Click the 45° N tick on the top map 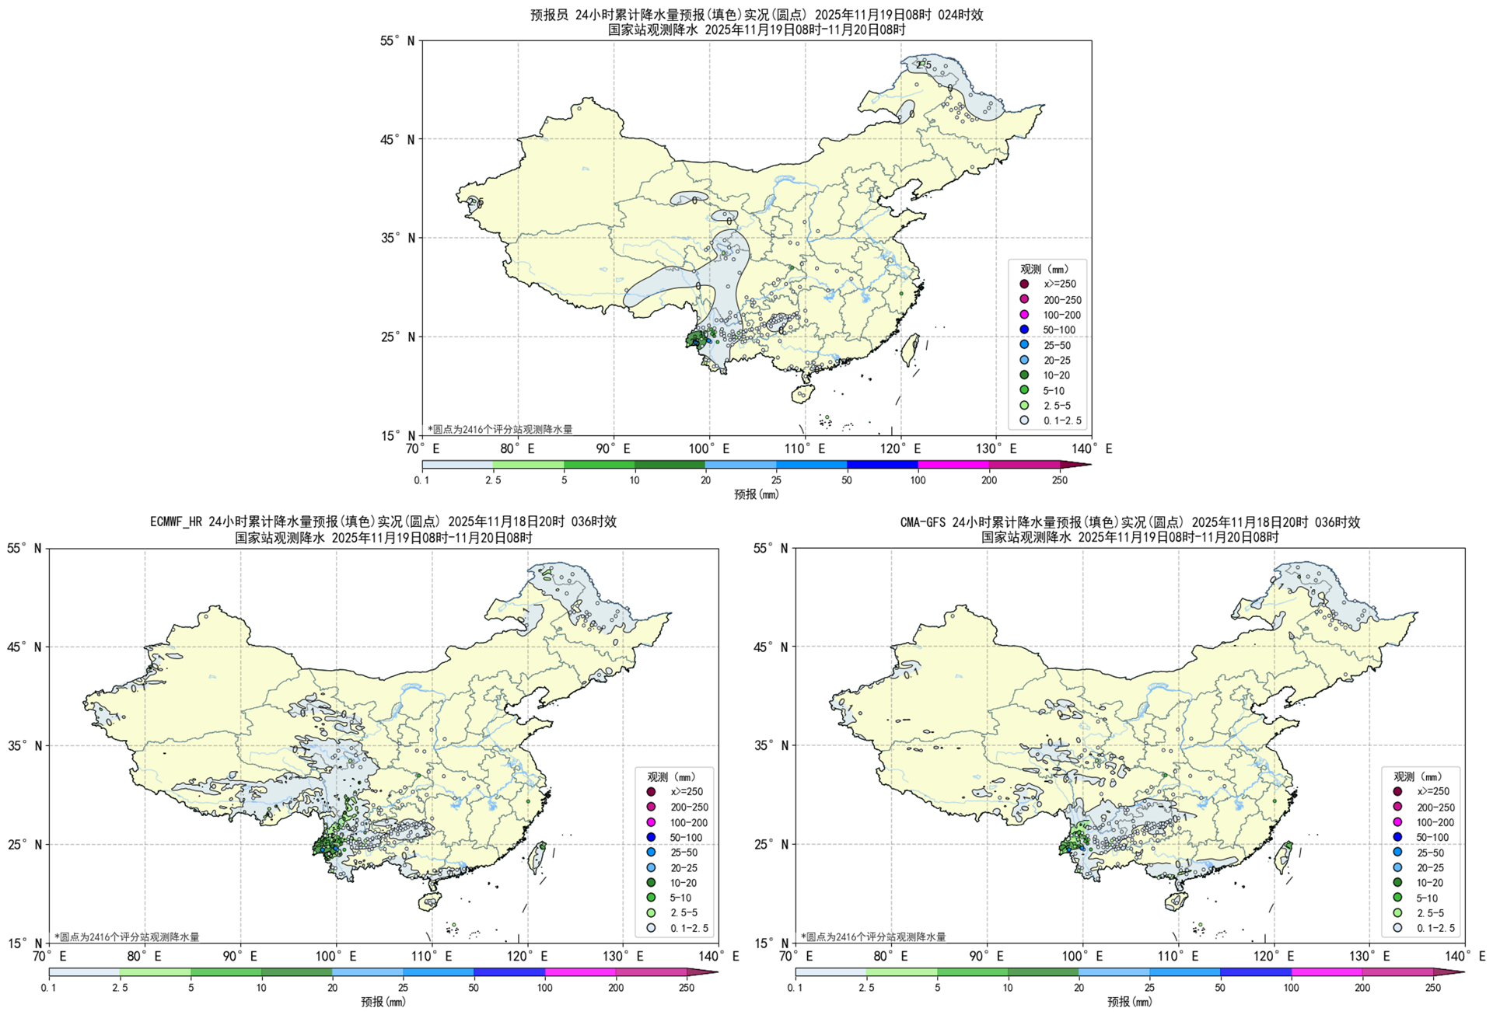click(398, 140)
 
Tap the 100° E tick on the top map click(708, 448)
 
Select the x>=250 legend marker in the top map click(1024, 284)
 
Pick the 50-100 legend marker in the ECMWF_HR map click(651, 838)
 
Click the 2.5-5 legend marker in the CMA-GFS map click(1397, 913)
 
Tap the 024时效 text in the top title click(960, 15)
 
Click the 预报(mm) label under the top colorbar click(756, 494)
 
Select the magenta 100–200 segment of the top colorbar click(953, 465)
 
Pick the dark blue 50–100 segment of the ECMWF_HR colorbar click(509, 972)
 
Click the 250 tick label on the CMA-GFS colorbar click(1433, 988)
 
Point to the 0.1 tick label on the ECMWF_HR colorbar click(49, 988)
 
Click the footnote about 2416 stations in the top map click(500, 429)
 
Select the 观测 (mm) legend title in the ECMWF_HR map click(671, 777)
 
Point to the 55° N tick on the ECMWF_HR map click(25, 549)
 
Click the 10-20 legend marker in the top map click(1024, 375)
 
